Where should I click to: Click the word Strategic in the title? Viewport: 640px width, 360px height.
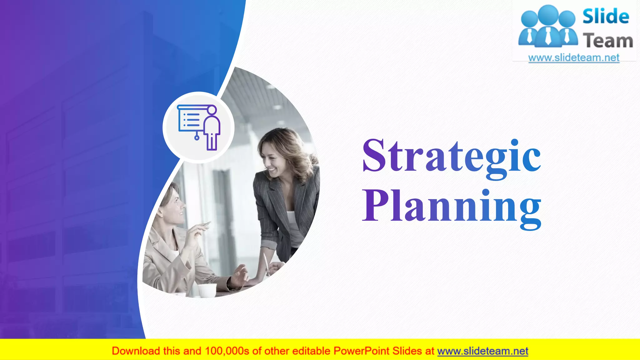coord(452,156)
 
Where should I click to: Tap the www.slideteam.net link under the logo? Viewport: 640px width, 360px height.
coord(574,58)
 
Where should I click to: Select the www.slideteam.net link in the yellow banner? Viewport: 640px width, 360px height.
coord(482,351)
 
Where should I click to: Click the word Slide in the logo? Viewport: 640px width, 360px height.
coord(606,17)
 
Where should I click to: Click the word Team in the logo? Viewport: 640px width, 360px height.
coord(608,41)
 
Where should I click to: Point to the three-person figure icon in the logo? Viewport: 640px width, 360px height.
coord(548,27)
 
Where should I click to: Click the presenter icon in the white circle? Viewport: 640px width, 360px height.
coord(199,127)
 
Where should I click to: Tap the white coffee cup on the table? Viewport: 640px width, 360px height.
coord(207,290)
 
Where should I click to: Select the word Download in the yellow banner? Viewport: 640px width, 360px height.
coord(136,351)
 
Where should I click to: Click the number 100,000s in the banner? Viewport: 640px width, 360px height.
coord(227,351)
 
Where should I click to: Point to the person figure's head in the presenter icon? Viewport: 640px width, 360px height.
coord(212,110)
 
